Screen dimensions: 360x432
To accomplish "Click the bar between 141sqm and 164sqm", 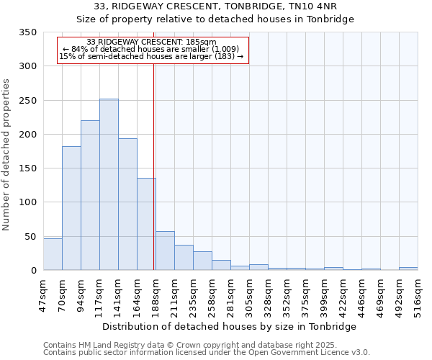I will point(127,204).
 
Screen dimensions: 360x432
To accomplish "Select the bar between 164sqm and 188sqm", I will point(146,224).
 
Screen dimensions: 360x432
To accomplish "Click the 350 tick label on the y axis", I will point(27,32).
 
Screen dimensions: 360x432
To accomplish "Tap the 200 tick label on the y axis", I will point(27,135).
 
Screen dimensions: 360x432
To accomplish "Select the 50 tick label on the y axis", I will point(30,237).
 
